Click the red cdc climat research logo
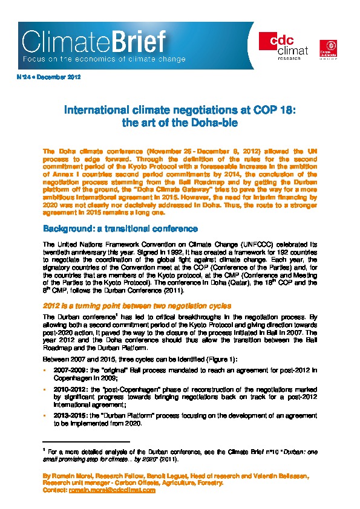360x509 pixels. tap(276, 45)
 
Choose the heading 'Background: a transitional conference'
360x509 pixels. tap(120, 229)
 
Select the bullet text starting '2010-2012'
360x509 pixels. tap(182, 393)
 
